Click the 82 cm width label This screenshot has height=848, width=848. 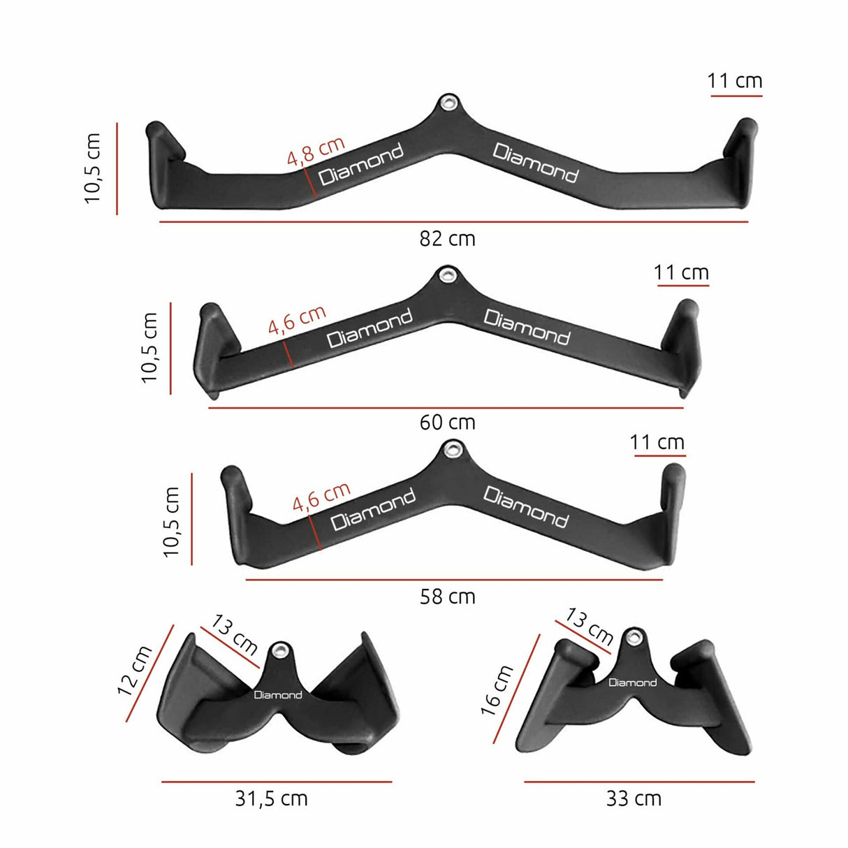pos(447,239)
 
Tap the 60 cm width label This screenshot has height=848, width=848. pos(447,423)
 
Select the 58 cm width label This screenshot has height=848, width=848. pos(447,597)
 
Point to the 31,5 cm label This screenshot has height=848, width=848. pos(271,798)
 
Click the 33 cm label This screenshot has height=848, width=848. pos(634,798)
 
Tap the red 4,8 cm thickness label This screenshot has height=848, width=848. pos(316,152)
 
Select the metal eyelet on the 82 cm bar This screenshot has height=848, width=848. pos(446,103)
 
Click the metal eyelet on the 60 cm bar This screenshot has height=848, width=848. pos(445,275)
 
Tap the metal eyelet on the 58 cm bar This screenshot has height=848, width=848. pos(453,448)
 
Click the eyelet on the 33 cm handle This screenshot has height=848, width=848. pos(634,636)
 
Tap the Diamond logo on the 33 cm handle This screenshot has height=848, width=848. pos(632,682)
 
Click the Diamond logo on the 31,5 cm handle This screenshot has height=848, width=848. pos(278,695)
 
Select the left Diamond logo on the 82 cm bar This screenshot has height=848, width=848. pos(361,165)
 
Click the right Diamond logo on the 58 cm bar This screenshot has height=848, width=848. pos(526,506)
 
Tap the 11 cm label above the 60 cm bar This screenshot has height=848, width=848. pos(681,272)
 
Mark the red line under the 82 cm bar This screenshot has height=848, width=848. pos(454,222)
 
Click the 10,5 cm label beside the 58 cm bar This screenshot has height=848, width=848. pos(172,522)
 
